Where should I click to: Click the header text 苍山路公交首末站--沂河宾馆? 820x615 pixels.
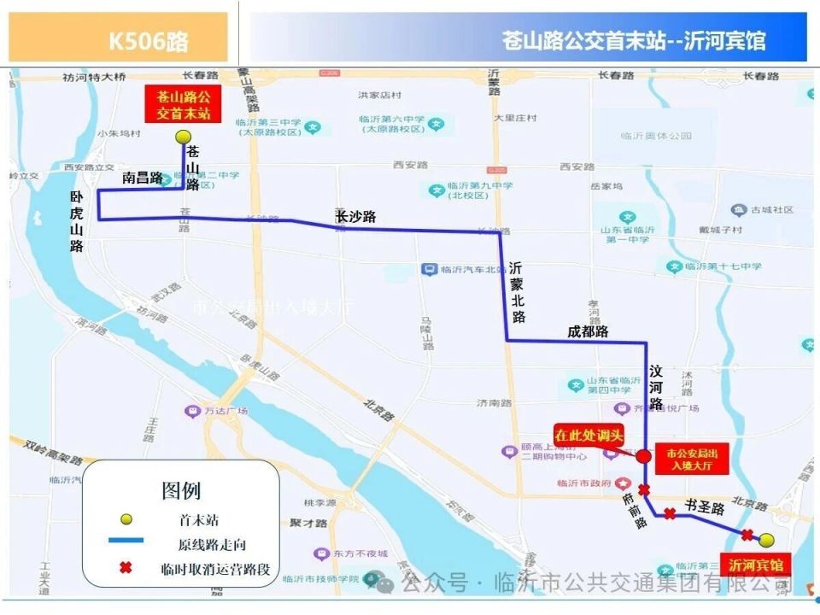tap(634, 40)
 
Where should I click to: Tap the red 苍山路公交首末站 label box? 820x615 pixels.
tap(178, 104)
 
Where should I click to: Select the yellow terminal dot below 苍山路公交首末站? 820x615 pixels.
tap(181, 137)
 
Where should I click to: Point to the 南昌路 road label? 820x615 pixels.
tap(142, 178)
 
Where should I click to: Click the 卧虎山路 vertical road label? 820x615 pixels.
tap(77, 220)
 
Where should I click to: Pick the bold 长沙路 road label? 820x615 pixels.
tap(355, 217)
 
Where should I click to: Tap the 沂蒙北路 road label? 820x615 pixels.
tap(517, 292)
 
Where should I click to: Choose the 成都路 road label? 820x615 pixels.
tap(588, 331)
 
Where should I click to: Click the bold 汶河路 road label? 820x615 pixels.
tap(656, 387)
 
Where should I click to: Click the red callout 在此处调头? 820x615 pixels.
tap(589, 435)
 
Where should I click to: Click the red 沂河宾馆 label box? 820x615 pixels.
tap(755, 565)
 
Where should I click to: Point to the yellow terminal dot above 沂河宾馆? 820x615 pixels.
tap(766, 540)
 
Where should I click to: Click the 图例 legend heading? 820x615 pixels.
tap(181, 490)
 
